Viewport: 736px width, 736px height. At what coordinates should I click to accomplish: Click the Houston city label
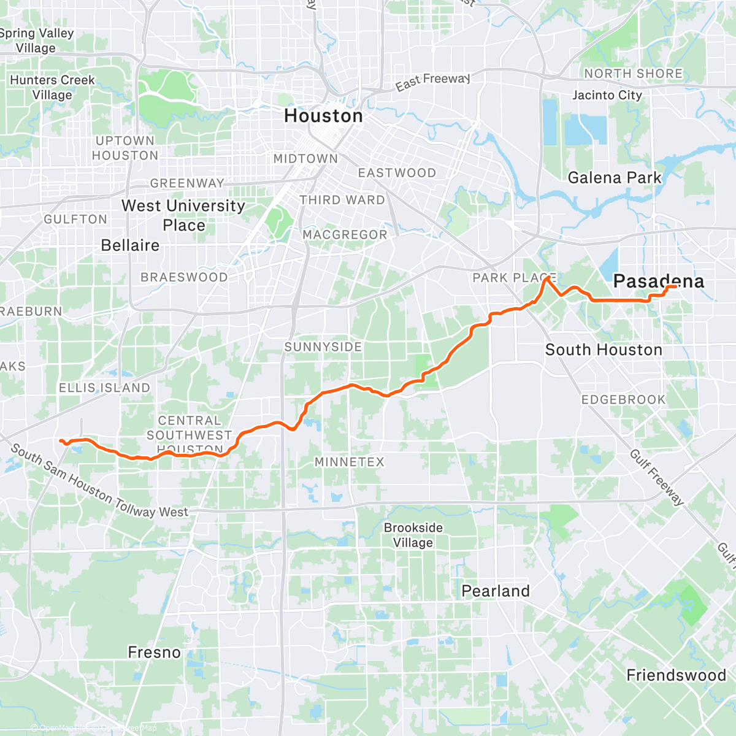323,116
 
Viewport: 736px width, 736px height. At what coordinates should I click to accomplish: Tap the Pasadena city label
659,281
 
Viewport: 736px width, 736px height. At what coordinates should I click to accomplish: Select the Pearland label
496,591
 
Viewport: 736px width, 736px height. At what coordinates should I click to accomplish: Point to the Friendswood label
676,675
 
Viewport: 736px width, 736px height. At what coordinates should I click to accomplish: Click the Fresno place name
155,652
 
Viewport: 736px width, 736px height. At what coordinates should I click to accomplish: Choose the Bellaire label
130,245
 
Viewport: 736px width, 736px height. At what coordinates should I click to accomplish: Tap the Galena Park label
615,178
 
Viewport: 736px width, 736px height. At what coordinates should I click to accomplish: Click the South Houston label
604,350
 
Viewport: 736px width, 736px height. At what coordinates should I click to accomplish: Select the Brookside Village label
413,535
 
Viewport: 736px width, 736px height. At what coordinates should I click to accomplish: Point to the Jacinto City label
607,95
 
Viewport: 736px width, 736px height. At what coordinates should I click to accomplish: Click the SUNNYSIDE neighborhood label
323,347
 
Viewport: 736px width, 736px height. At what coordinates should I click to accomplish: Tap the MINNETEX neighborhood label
349,462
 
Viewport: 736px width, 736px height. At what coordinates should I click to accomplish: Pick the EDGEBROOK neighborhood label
623,399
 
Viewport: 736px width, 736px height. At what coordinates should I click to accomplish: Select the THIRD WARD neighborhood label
342,200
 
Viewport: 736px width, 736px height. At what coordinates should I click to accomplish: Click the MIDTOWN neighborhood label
305,158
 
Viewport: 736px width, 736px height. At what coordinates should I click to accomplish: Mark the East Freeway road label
432,81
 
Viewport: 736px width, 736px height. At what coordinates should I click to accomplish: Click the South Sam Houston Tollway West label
98,485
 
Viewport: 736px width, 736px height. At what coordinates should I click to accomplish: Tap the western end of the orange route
59,440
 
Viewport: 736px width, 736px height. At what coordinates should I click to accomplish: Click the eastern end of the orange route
675,286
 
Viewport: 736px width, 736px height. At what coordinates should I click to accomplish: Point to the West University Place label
183,215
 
